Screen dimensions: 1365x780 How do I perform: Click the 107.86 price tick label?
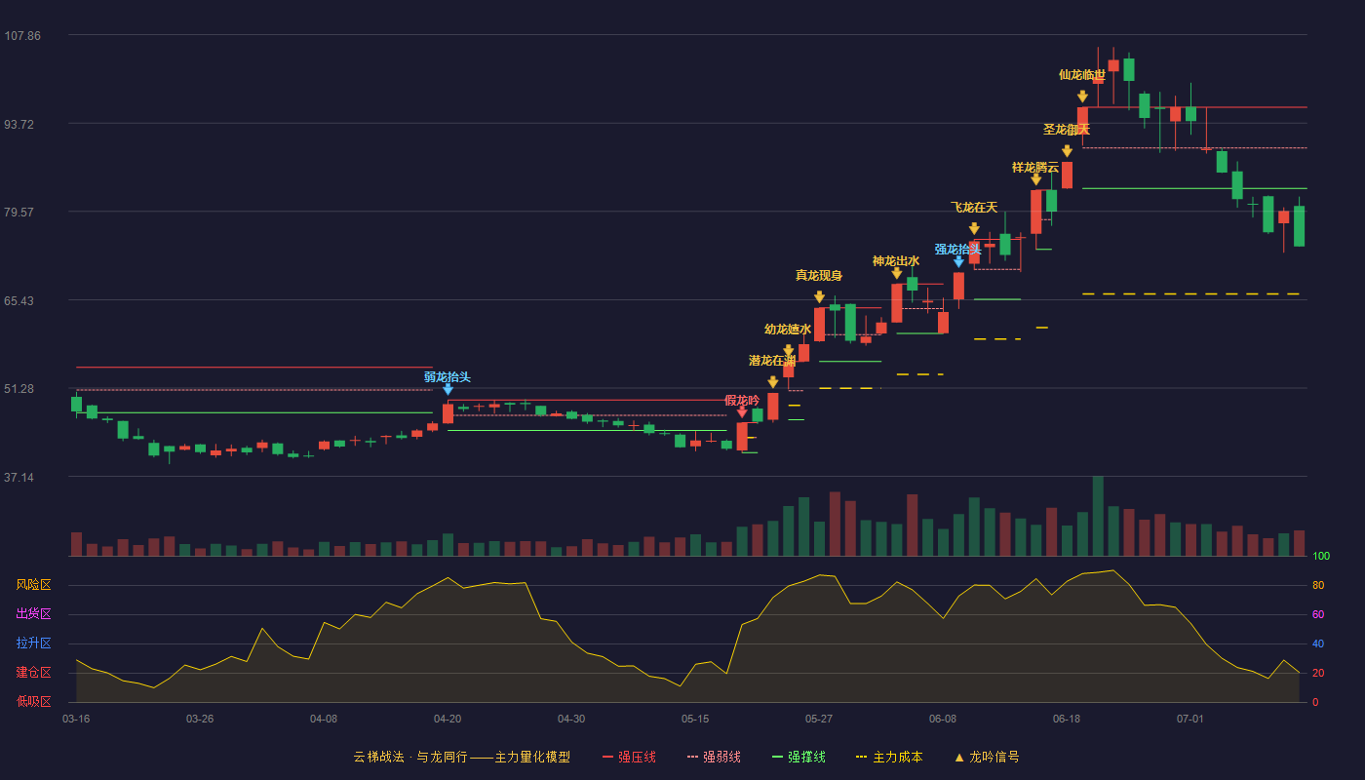click(x=22, y=36)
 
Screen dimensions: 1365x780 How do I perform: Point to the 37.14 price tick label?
click(x=19, y=477)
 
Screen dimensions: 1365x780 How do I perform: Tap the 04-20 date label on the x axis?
click(x=448, y=720)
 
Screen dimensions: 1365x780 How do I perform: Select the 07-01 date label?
click(x=1190, y=720)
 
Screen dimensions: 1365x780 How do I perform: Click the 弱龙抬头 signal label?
click(x=448, y=377)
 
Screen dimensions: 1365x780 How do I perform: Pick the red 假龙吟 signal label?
click(x=742, y=401)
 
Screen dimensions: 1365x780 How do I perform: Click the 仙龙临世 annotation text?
click(x=1081, y=75)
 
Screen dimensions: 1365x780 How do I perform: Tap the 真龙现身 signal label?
click(x=818, y=275)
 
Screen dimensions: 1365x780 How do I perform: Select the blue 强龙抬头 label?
click(x=957, y=250)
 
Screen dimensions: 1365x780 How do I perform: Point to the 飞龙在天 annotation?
click(x=974, y=208)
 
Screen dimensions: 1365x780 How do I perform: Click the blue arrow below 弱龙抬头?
click(x=448, y=389)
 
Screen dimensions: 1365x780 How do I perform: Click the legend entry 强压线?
click(x=629, y=757)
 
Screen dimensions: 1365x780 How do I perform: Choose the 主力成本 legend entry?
click(x=889, y=757)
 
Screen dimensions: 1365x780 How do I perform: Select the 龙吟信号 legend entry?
click(x=987, y=757)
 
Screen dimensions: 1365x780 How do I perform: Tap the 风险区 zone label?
click(x=33, y=585)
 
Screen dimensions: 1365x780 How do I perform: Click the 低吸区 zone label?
click(x=33, y=702)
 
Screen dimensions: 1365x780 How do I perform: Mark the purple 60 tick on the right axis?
click(x=1318, y=614)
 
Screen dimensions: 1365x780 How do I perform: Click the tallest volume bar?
click(x=1098, y=516)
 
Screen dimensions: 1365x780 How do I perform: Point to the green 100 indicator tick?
click(x=1321, y=556)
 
